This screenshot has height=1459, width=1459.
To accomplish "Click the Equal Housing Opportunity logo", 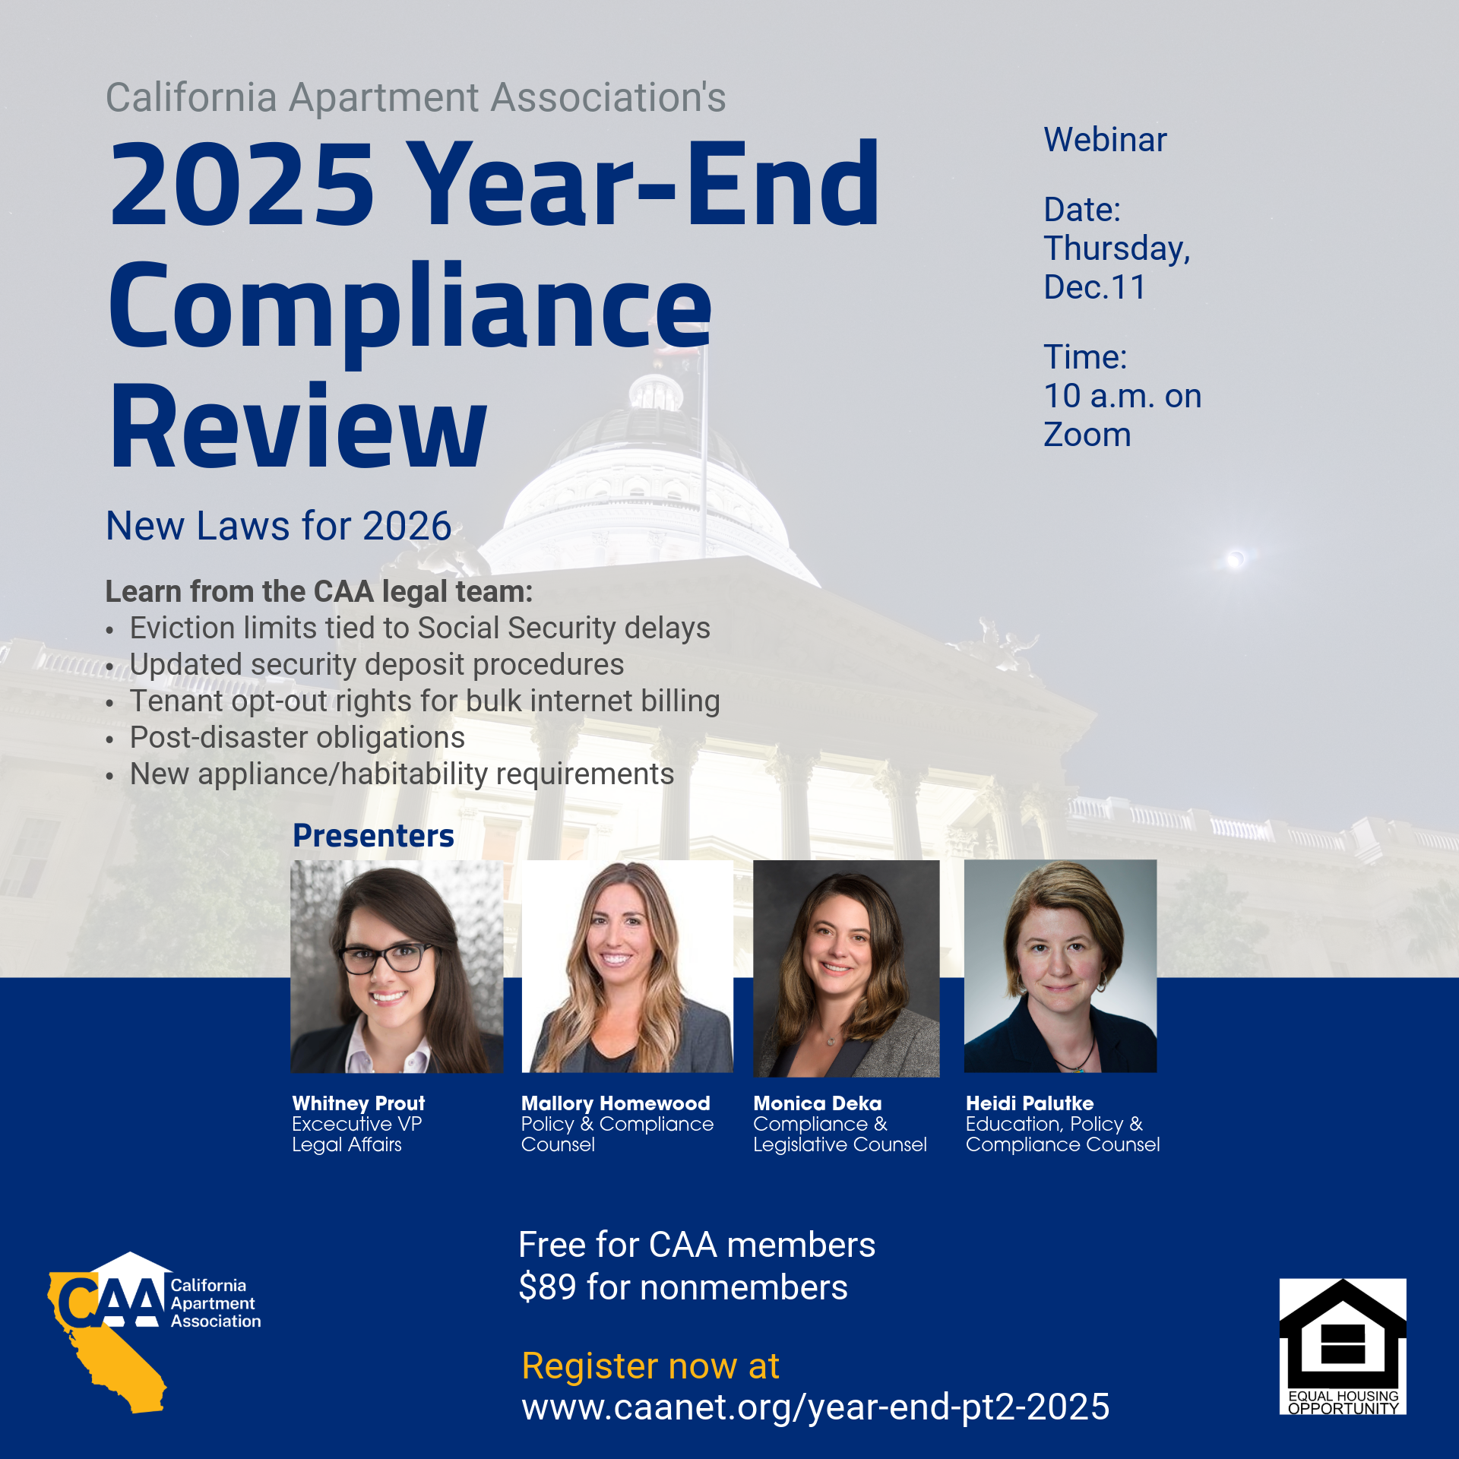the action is click(1343, 1346).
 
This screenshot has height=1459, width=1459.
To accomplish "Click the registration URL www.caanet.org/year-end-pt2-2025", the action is click(815, 1407).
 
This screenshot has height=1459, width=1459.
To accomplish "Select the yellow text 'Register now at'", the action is click(650, 1366).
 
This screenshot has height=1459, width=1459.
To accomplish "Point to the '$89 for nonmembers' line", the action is click(683, 1287).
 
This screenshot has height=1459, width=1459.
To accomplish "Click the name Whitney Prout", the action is click(359, 1103).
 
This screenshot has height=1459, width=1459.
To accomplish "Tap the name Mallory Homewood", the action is click(616, 1103).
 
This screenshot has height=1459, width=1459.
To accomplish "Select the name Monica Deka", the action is click(818, 1103).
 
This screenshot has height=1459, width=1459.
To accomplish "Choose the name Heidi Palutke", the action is click(1030, 1103).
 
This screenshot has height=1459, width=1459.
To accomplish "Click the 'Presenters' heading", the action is click(373, 835).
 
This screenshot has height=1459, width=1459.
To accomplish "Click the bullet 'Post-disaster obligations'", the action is click(297, 737).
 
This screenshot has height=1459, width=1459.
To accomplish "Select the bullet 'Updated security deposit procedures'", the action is click(377, 664).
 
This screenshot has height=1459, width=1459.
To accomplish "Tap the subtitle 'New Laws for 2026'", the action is click(279, 526).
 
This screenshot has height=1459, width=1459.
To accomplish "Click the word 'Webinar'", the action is click(1105, 140).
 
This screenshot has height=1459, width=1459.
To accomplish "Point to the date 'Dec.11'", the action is click(1094, 287).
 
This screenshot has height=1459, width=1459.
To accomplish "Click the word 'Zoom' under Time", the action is click(1087, 435).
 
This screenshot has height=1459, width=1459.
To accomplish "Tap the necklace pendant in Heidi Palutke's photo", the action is click(1078, 1068).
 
